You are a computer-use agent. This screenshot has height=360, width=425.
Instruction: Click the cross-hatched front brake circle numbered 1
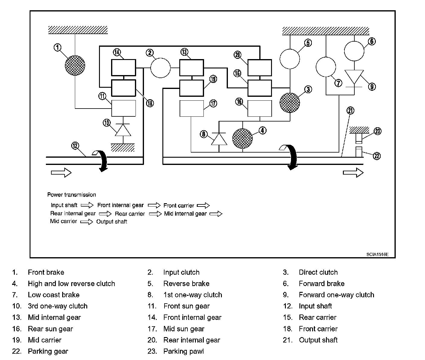click(75, 65)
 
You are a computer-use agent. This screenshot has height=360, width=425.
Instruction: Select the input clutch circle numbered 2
click(160, 68)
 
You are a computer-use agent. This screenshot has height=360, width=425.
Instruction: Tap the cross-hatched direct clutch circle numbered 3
click(290, 103)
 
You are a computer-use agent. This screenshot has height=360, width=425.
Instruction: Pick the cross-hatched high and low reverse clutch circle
click(242, 139)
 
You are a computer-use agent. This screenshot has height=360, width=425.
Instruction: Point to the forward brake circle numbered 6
click(354, 50)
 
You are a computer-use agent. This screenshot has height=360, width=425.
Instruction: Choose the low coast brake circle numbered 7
click(326, 67)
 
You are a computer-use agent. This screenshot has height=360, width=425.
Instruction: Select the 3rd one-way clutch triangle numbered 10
click(123, 130)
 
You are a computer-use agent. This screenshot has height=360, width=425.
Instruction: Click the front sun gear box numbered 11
click(123, 108)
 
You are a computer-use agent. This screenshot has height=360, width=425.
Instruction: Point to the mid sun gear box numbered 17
click(192, 108)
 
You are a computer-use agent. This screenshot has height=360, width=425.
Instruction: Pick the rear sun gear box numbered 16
click(260, 108)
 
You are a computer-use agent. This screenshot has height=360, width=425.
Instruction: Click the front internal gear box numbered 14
click(123, 68)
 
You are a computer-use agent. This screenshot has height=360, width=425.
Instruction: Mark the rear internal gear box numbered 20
click(260, 68)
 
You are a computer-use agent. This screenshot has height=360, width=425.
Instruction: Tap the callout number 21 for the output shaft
click(350, 111)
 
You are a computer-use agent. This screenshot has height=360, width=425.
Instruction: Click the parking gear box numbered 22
click(359, 152)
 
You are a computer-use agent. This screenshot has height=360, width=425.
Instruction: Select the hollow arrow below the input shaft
click(61, 173)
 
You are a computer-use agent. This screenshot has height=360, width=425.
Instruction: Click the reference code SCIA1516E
click(377, 254)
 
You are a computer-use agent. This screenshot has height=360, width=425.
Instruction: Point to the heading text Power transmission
click(72, 195)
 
